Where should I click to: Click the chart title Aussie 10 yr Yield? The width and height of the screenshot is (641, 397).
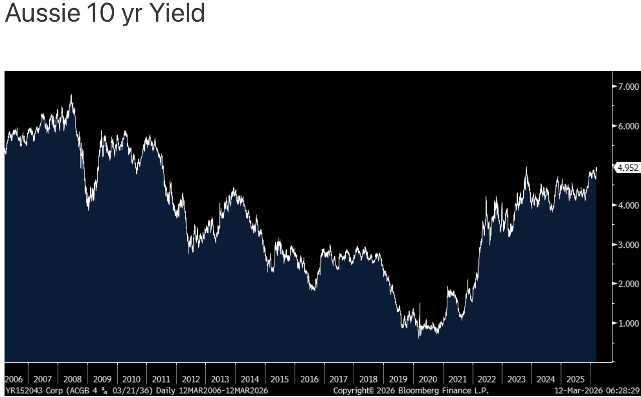click(105, 14)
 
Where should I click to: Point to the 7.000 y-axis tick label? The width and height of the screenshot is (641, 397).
click(628, 87)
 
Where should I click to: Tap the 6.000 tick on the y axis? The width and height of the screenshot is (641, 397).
click(628, 126)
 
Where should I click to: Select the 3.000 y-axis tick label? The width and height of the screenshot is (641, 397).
click(628, 244)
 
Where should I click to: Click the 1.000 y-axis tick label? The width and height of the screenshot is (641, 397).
click(628, 323)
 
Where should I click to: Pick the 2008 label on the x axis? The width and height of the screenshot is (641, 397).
click(72, 379)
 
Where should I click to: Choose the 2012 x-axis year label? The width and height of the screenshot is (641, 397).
click(191, 379)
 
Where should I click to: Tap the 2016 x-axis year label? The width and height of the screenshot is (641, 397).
click(309, 379)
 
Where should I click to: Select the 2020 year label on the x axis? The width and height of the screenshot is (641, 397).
click(428, 379)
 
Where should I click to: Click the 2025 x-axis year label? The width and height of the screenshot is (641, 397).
click(576, 379)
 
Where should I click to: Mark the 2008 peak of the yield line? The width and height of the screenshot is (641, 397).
click(71, 95)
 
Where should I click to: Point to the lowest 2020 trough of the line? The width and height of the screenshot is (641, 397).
click(419, 338)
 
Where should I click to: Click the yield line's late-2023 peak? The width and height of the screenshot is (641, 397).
click(526, 168)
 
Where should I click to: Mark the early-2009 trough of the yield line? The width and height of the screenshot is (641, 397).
click(88, 210)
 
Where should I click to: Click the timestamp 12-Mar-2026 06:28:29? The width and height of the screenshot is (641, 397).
click(597, 391)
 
